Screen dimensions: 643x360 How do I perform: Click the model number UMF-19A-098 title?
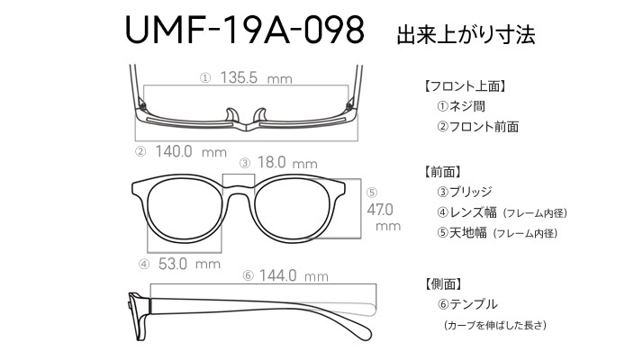(245, 30)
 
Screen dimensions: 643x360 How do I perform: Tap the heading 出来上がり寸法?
(466, 34)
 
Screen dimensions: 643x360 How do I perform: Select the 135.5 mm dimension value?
(257, 77)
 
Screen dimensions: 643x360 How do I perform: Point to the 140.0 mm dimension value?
(191, 152)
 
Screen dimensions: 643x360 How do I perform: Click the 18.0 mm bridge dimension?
(287, 162)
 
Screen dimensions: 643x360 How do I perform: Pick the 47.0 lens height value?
(380, 210)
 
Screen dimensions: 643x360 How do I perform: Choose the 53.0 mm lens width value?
(189, 264)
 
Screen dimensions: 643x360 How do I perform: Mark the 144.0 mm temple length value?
(294, 275)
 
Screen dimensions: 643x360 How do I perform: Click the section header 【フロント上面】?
(464, 86)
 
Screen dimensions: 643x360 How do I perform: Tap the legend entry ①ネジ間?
(461, 106)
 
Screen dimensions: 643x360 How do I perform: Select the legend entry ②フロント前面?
(477, 126)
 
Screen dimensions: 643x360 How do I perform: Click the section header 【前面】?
(441, 172)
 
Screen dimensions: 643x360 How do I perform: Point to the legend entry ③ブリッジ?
(464, 192)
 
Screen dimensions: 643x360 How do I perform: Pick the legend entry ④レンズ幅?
(466, 212)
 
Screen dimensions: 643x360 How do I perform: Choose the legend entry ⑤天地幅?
(462, 233)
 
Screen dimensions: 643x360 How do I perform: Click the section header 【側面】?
(441, 283)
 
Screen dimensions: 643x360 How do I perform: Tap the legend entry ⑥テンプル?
(467, 304)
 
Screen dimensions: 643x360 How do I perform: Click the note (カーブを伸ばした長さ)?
(495, 325)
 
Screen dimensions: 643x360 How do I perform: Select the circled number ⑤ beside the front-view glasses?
(372, 193)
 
